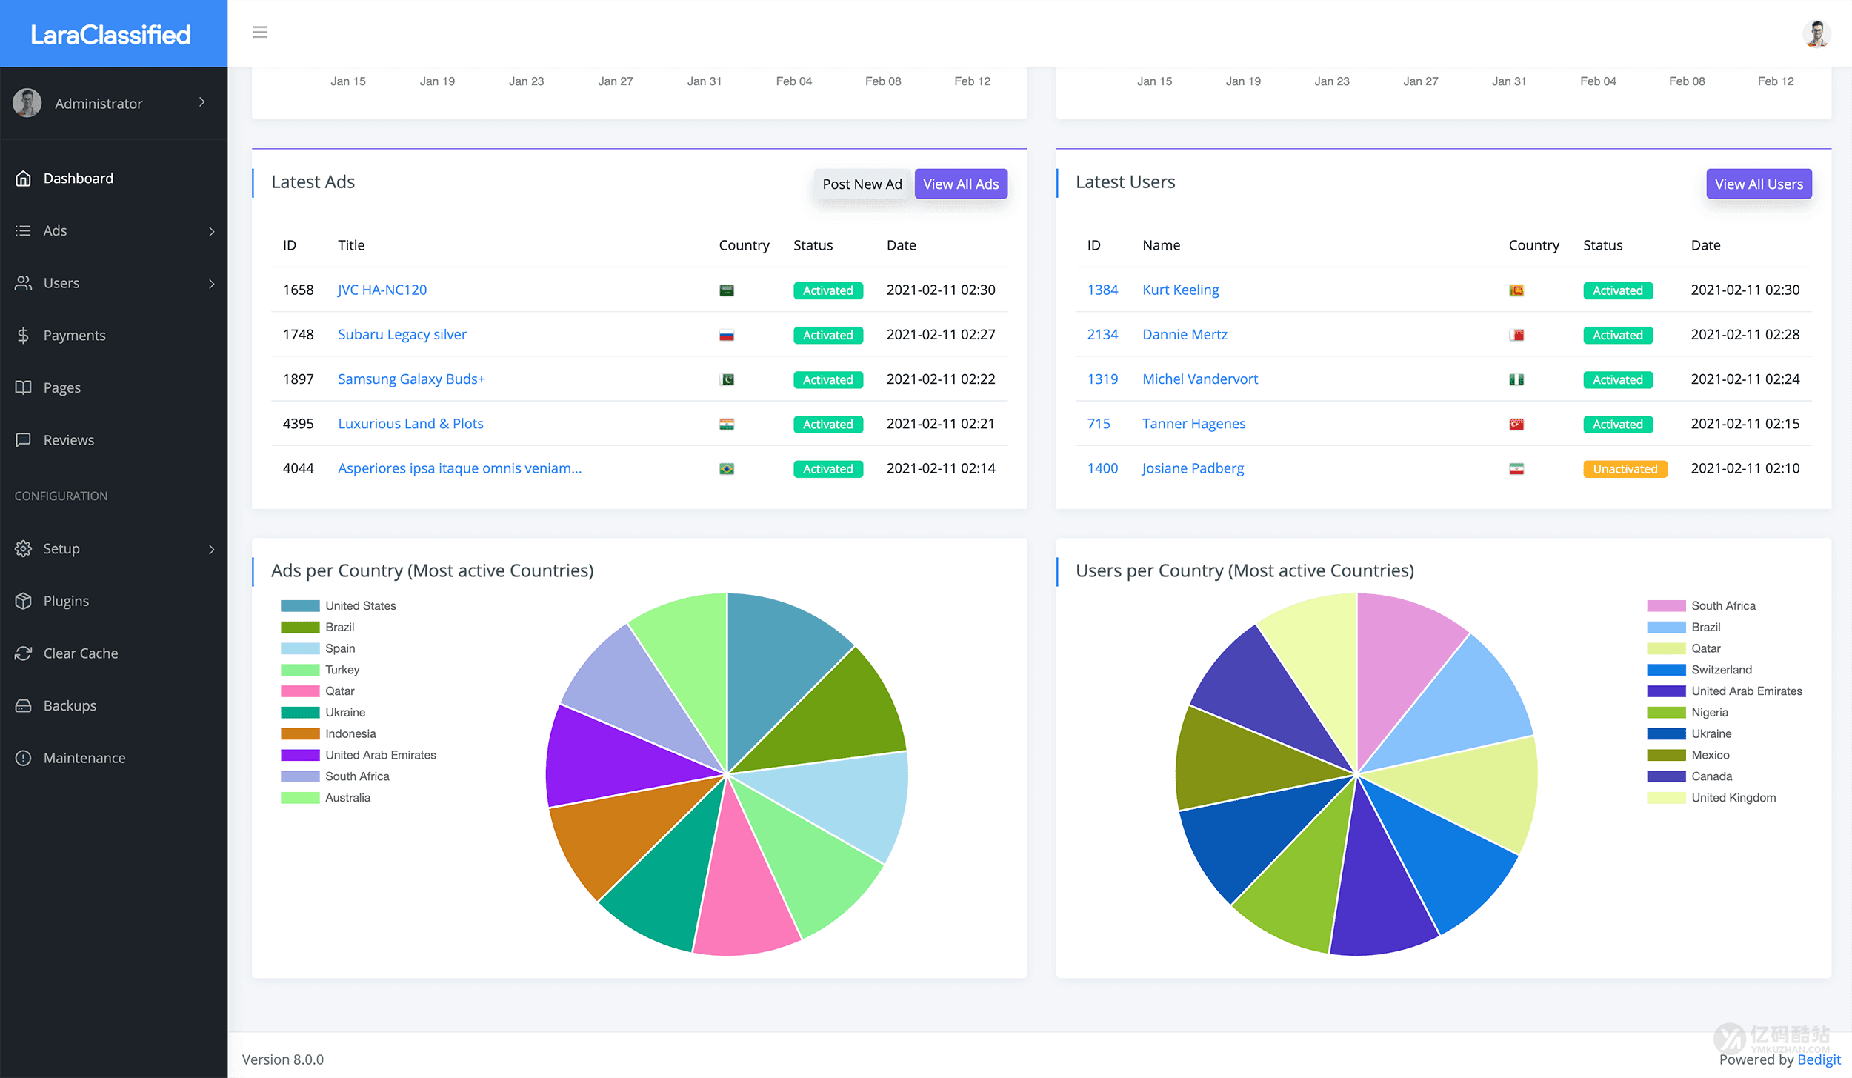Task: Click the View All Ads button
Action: pyautogui.click(x=960, y=184)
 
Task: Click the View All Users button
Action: pyautogui.click(x=1758, y=184)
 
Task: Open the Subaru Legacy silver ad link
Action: pyautogui.click(x=402, y=334)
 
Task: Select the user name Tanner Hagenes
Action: pyautogui.click(x=1193, y=424)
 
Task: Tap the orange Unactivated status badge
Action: pyautogui.click(x=1625, y=469)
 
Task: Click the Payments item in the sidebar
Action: pyautogui.click(x=74, y=336)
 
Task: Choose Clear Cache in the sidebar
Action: pyautogui.click(x=80, y=653)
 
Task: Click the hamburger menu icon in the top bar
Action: pyautogui.click(x=260, y=33)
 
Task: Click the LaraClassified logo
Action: pyautogui.click(x=111, y=34)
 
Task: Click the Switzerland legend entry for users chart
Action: pyautogui.click(x=1721, y=670)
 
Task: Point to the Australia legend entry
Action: pyautogui.click(x=347, y=798)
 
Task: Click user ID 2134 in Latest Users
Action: pyautogui.click(x=1102, y=335)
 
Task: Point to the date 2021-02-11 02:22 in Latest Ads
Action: pyautogui.click(x=940, y=379)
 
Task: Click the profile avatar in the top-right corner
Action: pyautogui.click(x=1816, y=33)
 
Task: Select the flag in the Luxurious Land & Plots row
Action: pyautogui.click(x=726, y=425)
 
